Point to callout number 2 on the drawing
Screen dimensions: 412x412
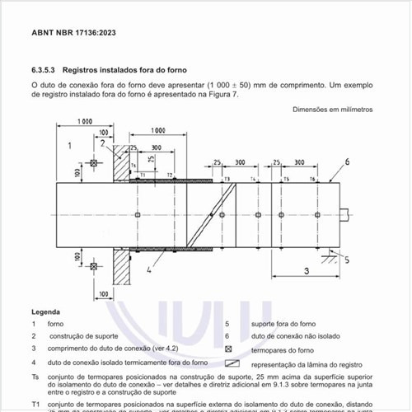pyautogui.click(x=102, y=143)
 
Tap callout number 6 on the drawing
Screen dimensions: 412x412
pyautogui.click(x=348, y=162)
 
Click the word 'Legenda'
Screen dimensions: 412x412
pyautogui.click(x=45, y=312)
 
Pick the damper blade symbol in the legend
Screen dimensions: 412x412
pyautogui.click(x=231, y=363)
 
